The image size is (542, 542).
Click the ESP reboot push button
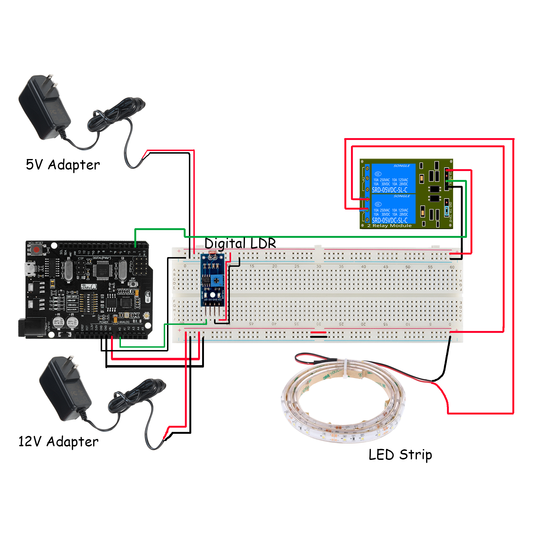(133, 284)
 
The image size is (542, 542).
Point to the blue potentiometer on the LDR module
(216, 281)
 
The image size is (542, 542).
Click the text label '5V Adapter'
(63, 165)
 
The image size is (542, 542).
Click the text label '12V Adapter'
(58, 442)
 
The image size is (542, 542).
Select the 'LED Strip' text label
(400, 455)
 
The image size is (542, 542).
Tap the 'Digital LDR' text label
(240, 243)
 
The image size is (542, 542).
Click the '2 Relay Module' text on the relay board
(389, 226)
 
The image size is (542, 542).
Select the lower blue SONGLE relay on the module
(393, 209)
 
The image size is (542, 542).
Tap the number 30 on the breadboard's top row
(319, 266)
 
